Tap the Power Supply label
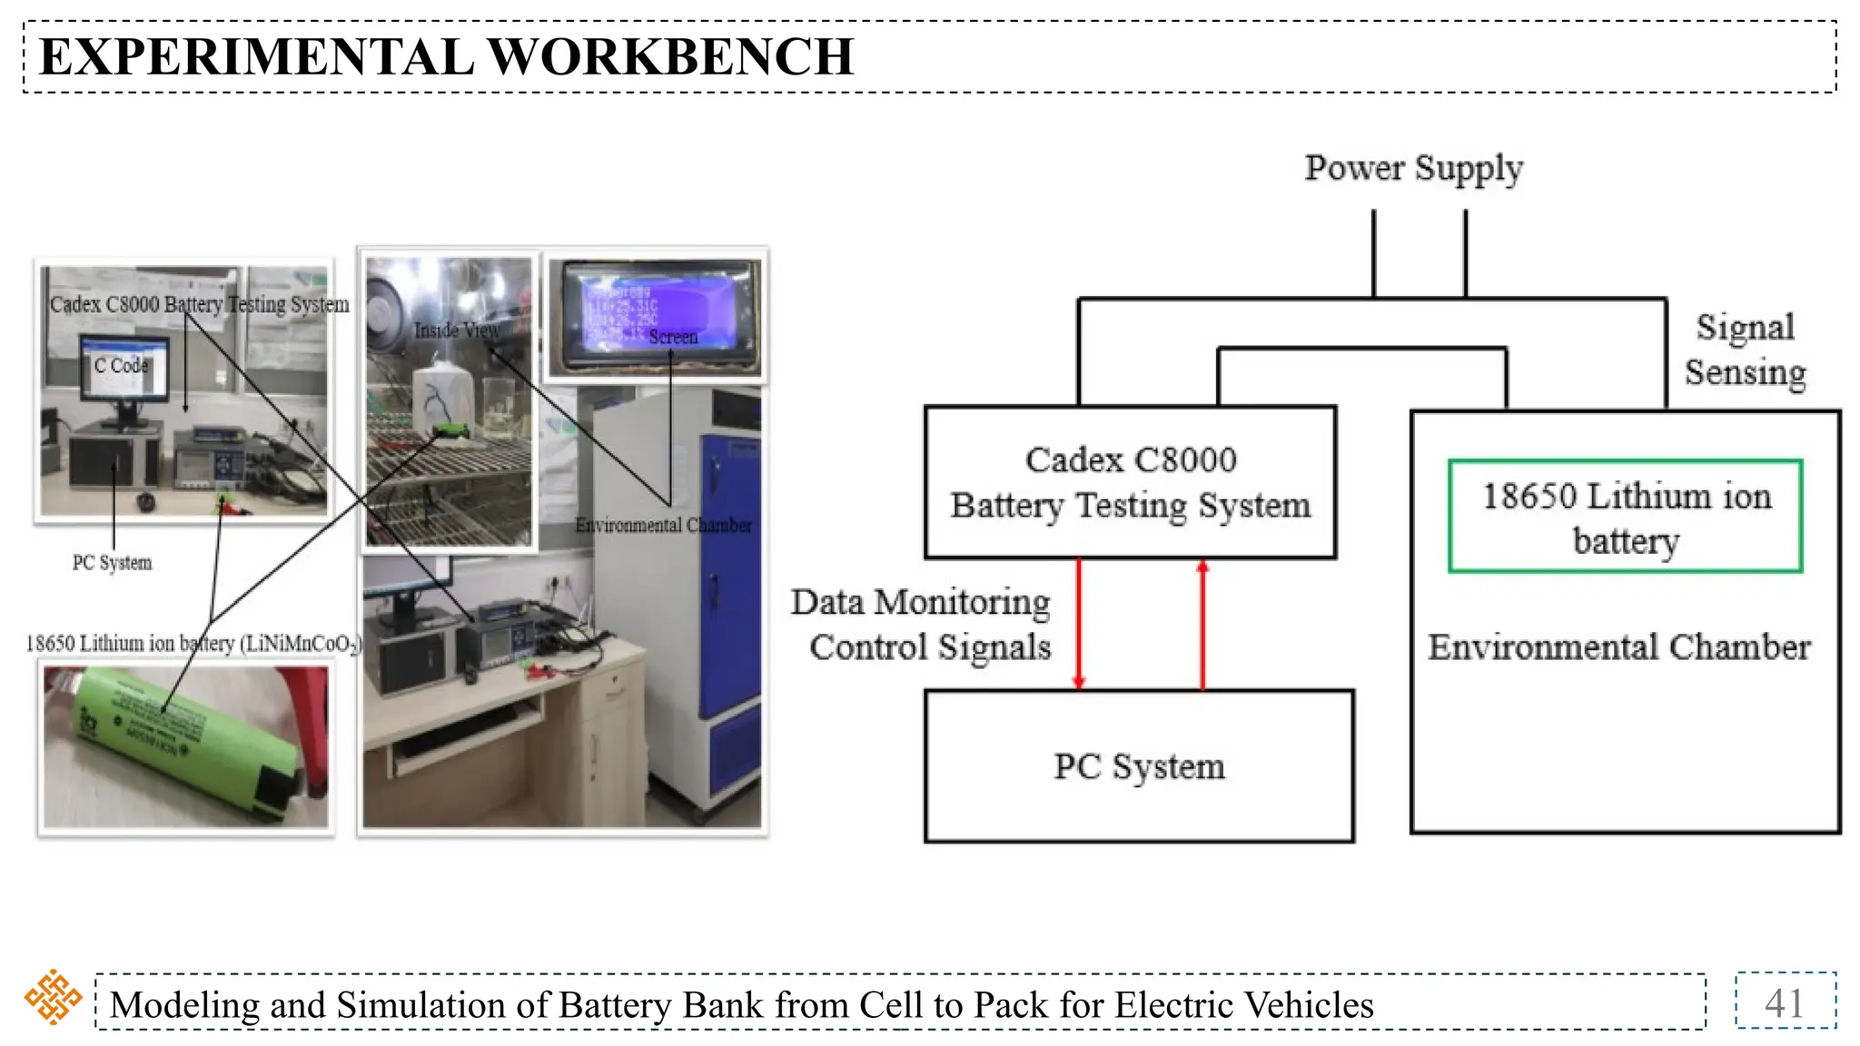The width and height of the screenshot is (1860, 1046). coord(1413,168)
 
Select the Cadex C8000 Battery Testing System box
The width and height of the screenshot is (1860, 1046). coord(1130,482)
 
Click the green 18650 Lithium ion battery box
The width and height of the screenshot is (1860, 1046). coord(1625,517)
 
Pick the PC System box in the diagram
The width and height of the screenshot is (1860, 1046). coord(1139,766)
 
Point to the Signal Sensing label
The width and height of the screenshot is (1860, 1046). coord(1745,350)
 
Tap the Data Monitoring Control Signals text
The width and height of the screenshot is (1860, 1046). coord(922,625)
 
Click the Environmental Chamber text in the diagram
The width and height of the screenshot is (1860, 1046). coord(1618,647)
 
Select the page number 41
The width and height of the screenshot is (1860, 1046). coord(1784,1002)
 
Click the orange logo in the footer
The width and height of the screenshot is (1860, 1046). coord(53,997)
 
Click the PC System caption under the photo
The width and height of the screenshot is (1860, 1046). coord(112,563)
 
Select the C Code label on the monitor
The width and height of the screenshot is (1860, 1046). coord(121,365)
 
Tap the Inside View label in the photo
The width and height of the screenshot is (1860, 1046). coord(457,331)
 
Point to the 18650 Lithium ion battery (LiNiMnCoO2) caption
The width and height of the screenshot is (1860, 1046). coord(193,644)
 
